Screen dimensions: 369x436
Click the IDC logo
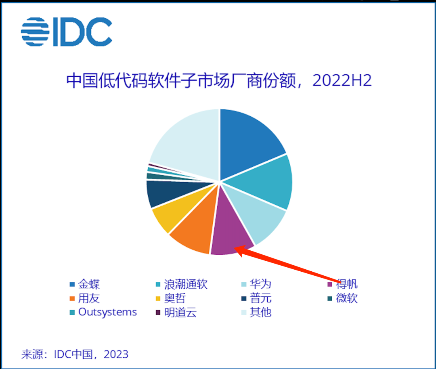click(66, 31)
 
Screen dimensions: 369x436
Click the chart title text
click(218, 80)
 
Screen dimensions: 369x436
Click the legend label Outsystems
click(107, 312)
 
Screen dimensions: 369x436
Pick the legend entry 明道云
click(180, 312)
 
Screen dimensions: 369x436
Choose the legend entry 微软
click(347, 298)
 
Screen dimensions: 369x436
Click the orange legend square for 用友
click(72, 299)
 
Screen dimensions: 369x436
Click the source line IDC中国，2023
click(75, 354)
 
